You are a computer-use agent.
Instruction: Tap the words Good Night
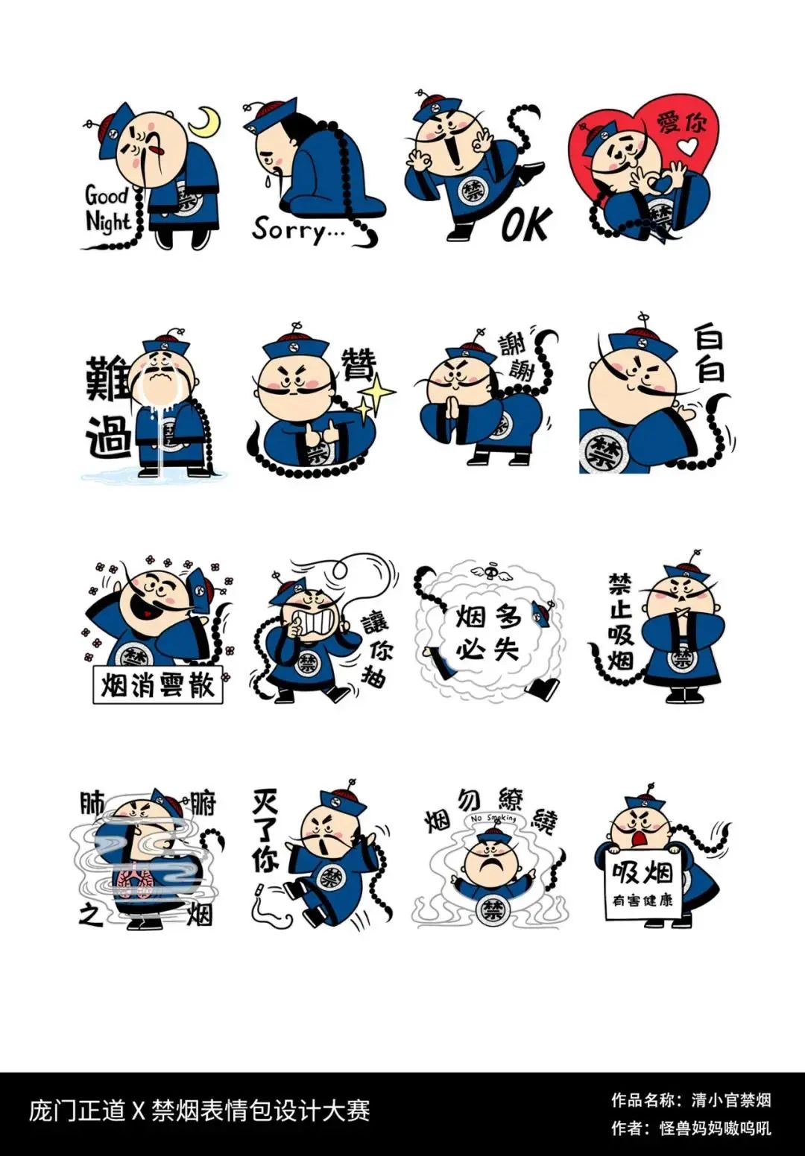click(x=107, y=209)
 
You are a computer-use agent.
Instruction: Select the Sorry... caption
click(x=297, y=229)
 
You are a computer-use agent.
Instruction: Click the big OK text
click(x=526, y=224)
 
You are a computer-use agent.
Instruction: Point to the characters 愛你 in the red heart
click(x=682, y=122)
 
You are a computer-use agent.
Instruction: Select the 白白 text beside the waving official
click(x=708, y=355)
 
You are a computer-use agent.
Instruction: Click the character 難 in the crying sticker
click(x=109, y=378)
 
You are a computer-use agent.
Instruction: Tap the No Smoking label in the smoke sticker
click(x=493, y=819)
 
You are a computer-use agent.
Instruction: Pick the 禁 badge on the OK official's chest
click(x=471, y=189)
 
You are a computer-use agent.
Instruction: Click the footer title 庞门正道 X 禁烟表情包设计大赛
click(x=199, y=1111)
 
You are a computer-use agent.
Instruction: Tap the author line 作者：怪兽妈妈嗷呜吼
click(x=691, y=1128)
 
